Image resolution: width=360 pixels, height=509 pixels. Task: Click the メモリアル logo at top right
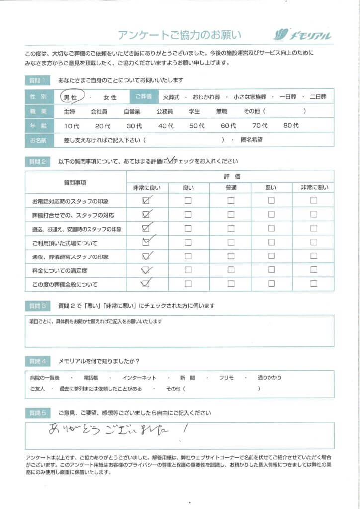(303, 35)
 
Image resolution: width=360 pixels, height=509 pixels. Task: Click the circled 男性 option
(70, 97)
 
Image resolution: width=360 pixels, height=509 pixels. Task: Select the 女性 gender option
(110, 98)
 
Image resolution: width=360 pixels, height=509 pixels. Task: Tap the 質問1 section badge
(37, 80)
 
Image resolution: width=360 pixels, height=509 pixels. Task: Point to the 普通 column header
(230, 187)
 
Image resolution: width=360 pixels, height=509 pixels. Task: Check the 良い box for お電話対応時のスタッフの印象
(188, 201)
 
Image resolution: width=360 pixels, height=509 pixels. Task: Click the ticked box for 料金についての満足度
(146, 270)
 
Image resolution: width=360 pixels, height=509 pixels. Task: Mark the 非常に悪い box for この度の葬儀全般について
(313, 284)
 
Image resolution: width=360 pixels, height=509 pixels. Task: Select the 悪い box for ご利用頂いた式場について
(271, 243)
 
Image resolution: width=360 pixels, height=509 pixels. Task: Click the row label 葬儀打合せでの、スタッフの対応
(73, 215)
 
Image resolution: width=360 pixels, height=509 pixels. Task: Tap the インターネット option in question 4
(142, 378)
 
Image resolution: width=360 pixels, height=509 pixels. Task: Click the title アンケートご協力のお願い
(180, 35)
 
